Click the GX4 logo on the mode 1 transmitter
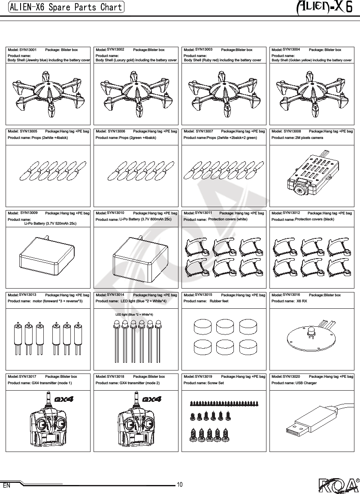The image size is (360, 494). (x=64, y=399)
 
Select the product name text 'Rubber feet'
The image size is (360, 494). (x=219, y=301)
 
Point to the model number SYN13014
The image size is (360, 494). (x=115, y=295)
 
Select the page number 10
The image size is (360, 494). (x=180, y=485)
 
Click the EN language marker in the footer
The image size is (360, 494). (x=6, y=487)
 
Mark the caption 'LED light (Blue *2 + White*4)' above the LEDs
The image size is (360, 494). (x=134, y=315)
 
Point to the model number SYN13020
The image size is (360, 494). (x=292, y=376)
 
